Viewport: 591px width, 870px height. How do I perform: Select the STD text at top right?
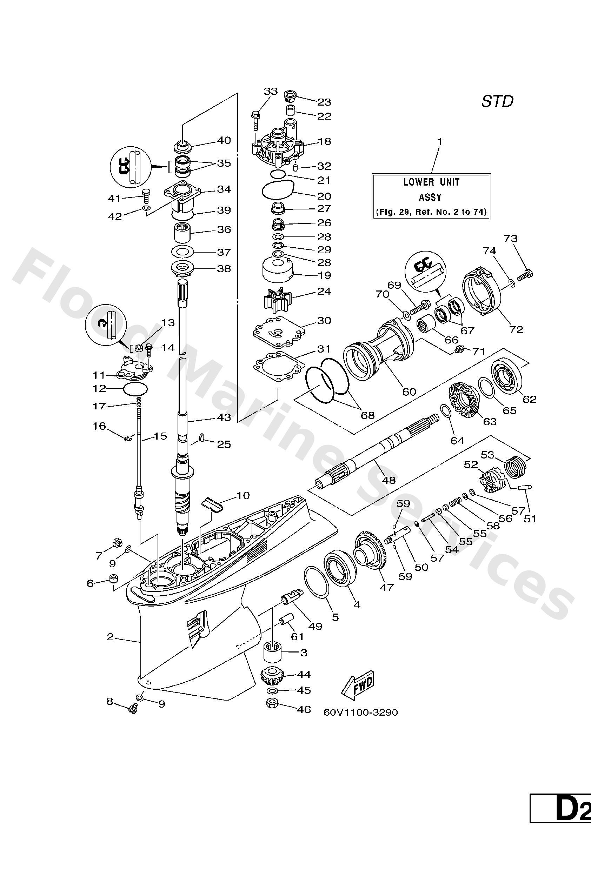coord(497,101)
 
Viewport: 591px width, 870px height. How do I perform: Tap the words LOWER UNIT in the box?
coord(431,182)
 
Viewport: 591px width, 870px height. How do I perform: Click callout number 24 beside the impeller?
coord(324,291)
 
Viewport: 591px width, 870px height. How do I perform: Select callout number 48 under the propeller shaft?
coord(389,480)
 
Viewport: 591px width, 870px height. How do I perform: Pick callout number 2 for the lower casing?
coord(110,637)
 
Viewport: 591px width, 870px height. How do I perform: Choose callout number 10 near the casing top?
coord(243,496)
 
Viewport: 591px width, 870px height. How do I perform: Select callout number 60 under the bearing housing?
coord(409,391)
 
